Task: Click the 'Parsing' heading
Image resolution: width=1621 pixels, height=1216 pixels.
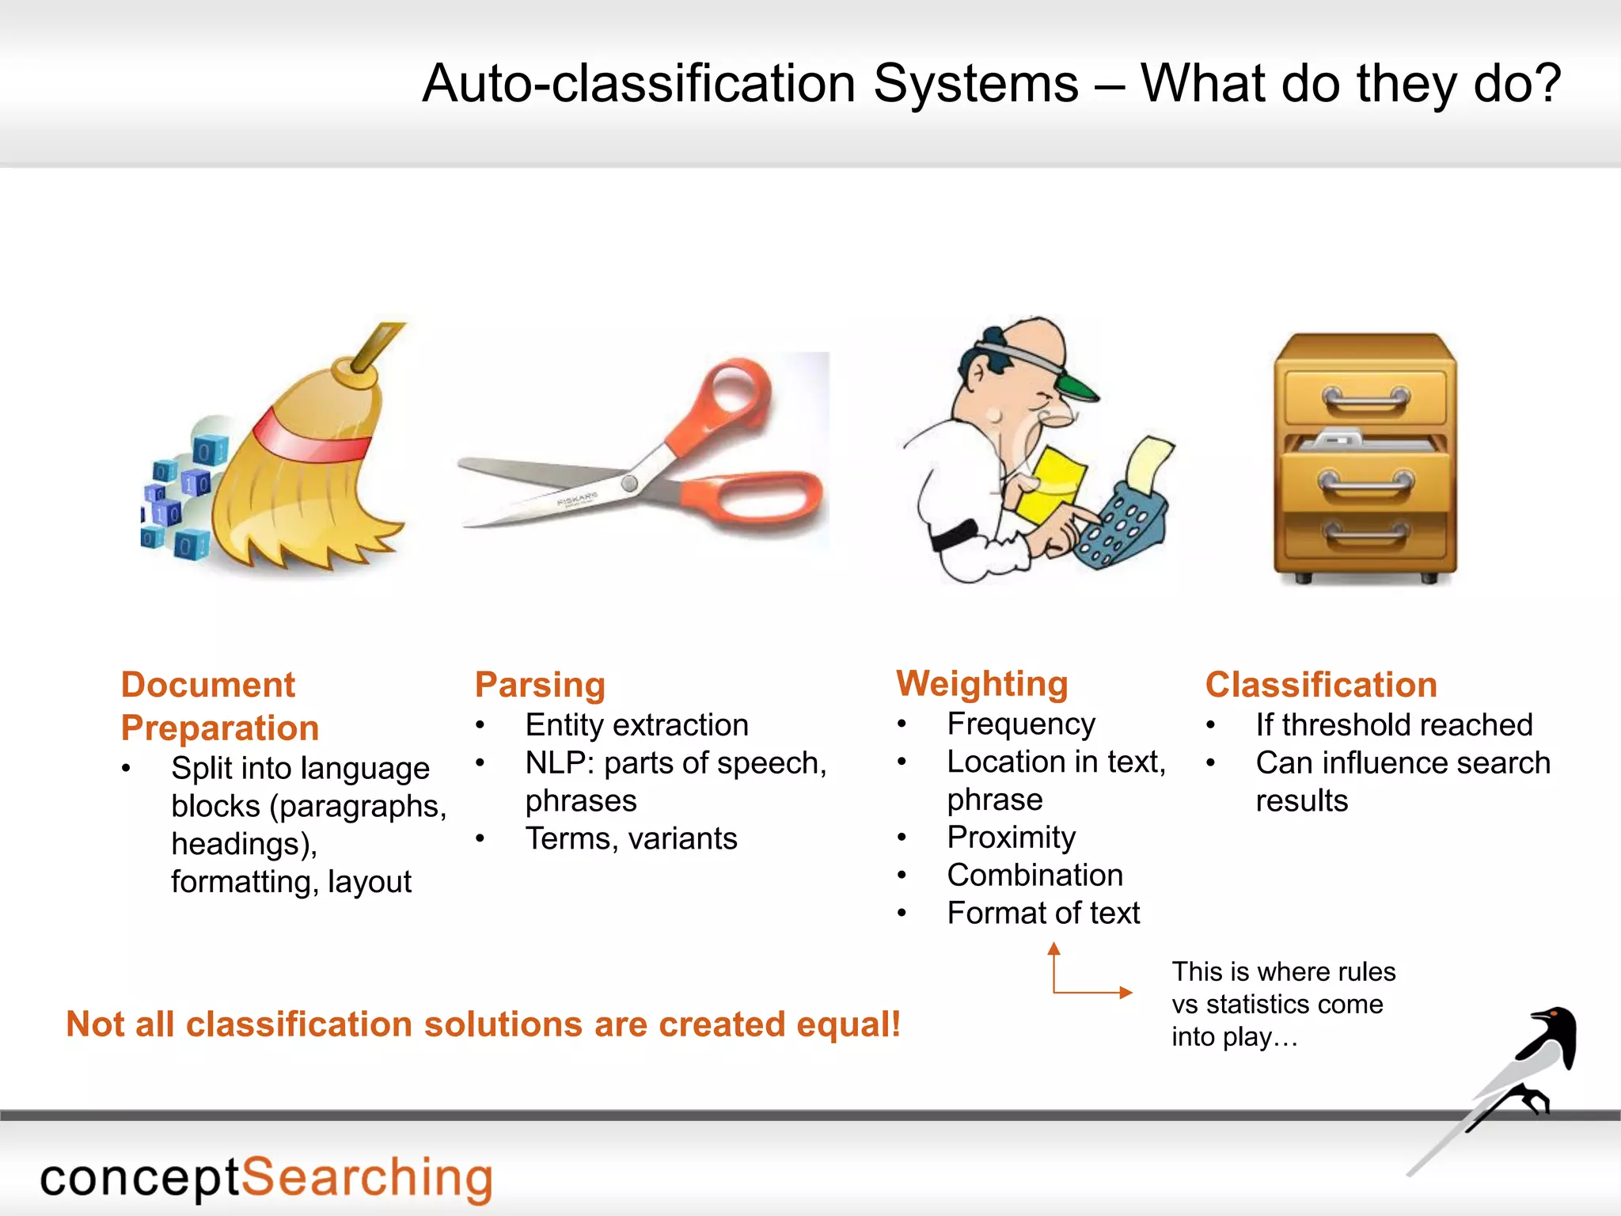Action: click(540, 685)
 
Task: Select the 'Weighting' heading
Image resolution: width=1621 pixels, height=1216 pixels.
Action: click(981, 684)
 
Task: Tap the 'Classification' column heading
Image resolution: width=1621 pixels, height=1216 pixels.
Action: click(1320, 685)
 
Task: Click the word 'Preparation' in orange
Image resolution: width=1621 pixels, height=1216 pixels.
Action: click(220, 728)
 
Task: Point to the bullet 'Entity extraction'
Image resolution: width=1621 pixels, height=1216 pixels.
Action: click(636, 725)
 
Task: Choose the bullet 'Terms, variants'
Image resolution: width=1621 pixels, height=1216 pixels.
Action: click(631, 838)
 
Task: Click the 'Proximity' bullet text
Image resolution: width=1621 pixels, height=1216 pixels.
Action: click(1011, 838)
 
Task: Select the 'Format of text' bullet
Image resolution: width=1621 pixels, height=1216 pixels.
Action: click(1042, 914)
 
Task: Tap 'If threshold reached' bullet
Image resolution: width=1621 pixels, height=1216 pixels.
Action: click(1393, 725)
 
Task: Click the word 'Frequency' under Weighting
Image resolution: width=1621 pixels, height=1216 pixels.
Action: click(1020, 724)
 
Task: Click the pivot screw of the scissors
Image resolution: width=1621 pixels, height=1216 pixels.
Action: click(629, 482)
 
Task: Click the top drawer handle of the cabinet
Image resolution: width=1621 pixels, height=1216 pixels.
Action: click(1365, 399)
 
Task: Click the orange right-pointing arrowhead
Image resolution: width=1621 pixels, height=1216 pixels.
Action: click(1125, 992)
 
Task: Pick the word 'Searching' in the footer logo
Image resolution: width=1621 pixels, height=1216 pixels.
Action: click(366, 1178)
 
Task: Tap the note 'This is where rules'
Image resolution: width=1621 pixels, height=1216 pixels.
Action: click(1283, 972)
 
